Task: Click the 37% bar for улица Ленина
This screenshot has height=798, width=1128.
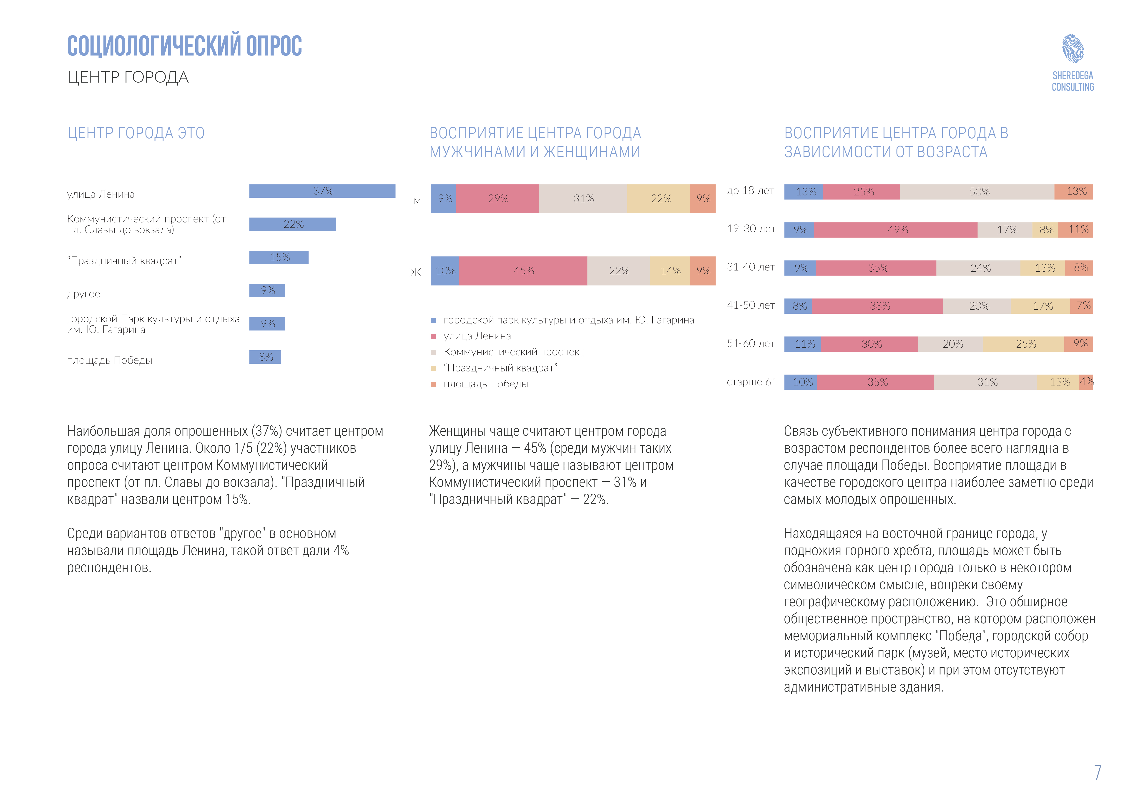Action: click(x=322, y=191)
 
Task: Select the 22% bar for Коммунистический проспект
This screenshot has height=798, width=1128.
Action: click(x=293, y=224)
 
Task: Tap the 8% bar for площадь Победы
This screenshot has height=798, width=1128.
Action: click(x=265, y=357)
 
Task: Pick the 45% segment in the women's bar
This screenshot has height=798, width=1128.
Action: click(x=523, y=271)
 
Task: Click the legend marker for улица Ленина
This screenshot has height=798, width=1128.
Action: click(x=433, y=337)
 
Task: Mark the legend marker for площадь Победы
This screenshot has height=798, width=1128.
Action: click(x=433, y=384)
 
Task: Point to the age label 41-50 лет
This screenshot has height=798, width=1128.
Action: click(x=751, y=305)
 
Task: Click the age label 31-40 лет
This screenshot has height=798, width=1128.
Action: click(x=751, y=267)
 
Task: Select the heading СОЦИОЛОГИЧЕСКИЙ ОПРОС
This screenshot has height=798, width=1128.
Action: click(x=185, y=46)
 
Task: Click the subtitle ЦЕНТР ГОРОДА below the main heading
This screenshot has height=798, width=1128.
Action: click(x=128, y=77)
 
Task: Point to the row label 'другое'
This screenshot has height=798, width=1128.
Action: click(x=83, y=294)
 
